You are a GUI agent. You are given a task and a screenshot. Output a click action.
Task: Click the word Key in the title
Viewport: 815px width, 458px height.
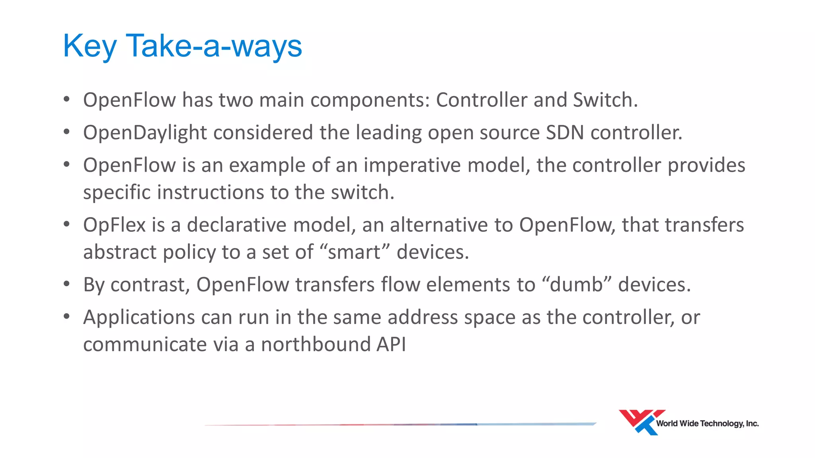[90, 47]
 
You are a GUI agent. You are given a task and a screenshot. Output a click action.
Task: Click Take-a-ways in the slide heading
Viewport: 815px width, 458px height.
[214, 46]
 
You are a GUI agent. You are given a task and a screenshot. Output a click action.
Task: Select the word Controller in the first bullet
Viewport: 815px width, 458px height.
[482, 100]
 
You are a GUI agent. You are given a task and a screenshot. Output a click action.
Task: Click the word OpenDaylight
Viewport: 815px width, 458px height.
[145, 133]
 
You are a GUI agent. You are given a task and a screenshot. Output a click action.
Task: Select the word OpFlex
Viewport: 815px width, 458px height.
[114, 225]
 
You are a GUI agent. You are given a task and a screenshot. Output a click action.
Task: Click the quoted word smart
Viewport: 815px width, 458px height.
[354, 252]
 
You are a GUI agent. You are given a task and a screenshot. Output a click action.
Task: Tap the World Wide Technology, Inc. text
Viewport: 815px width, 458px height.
[707, 424]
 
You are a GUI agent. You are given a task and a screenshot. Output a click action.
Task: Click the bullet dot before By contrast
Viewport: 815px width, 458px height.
[66, 284]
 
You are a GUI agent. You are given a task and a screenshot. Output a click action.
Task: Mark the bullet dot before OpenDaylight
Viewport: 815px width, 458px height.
[66, 132]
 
